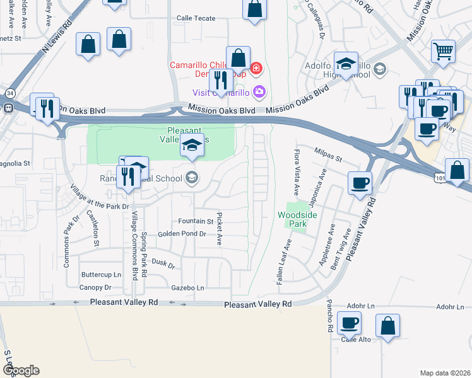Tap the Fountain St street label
pos(196,221)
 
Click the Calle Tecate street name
pos(196,18)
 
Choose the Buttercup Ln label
pos(101,275)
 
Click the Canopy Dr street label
pos(95,287)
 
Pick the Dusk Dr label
pos(163,263)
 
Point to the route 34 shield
pos(9,93)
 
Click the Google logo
pos(21,370)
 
